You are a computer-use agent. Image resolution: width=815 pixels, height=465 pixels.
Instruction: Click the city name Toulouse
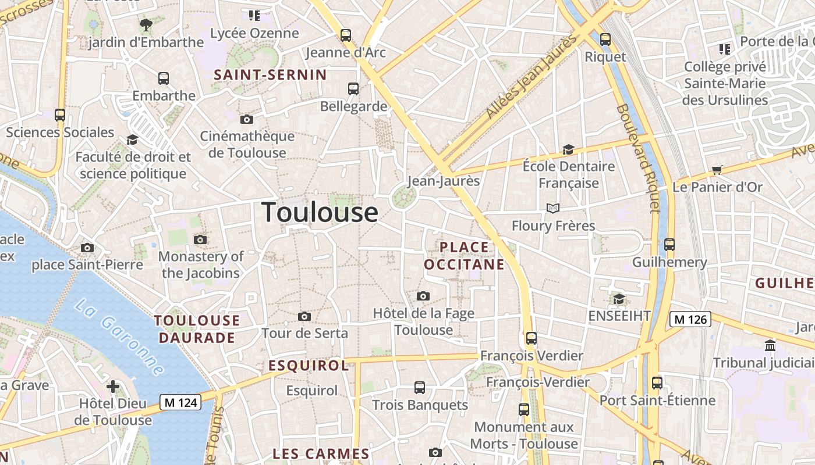(320, 212)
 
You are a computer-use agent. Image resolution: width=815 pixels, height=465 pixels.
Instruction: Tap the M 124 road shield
(180, 402)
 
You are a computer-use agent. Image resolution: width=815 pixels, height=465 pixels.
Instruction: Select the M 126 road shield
(690, 319)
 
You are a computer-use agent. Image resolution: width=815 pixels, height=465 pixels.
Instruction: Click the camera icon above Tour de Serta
(304, 317)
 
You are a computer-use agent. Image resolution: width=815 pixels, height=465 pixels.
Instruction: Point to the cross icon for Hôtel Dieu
(113, 387)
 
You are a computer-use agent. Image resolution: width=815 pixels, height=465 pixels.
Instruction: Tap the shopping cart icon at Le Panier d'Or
(717, 170)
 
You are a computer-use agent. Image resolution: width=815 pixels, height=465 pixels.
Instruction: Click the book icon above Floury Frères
(552, 208)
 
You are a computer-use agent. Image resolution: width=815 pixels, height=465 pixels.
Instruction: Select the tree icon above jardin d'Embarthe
(146, 25)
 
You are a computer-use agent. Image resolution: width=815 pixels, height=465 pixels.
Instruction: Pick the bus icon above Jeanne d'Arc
(346, 35)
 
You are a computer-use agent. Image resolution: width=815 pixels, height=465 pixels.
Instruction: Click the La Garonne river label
(120, 337)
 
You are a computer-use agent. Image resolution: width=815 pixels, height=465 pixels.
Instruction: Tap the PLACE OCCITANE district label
(464, 256)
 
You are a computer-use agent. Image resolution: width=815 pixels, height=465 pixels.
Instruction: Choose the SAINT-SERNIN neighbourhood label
(270, 74)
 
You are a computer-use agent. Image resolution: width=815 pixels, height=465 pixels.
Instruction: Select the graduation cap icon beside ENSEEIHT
(619, 299)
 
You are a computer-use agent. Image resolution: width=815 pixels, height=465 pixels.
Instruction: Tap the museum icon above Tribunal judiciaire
(770, 345)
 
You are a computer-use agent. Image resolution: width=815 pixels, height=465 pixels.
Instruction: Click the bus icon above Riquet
(605, 40)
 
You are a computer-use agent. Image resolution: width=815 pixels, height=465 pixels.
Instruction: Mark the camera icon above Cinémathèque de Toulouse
(247, 119)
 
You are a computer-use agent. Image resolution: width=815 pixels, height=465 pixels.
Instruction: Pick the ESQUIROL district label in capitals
(309, 366)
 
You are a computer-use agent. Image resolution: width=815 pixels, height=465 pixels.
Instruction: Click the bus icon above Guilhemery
(669, 245)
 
